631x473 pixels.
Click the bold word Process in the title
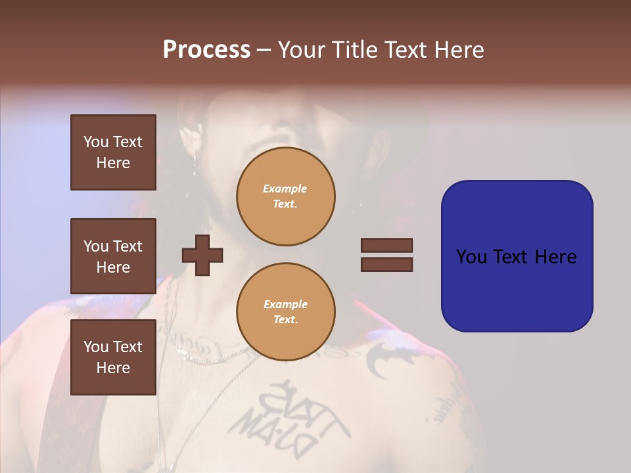(206, 50)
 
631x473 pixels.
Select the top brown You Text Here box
(113, 152)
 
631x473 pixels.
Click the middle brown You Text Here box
(113, 256)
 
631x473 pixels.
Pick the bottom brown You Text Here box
(113, 357)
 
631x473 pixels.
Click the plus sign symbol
(202, 255)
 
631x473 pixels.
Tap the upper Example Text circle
(285, 196)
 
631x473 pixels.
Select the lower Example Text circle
(285, 312)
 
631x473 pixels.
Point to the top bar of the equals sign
(386, 245)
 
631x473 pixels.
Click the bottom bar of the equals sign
(386, 264)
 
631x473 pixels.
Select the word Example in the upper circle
(285, 189)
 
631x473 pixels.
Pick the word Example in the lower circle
(285, 304)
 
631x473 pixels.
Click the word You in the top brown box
(96, 142)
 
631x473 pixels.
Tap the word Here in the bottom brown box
(113, 368)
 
